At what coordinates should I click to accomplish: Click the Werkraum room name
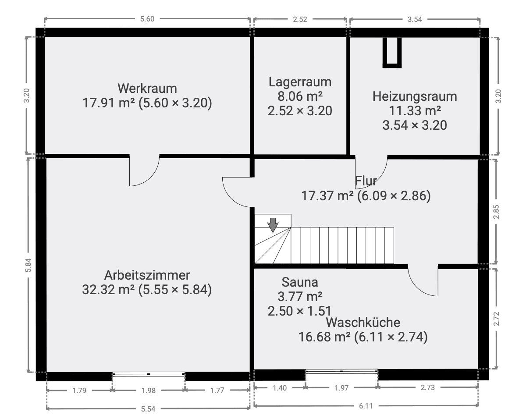click(147, 88)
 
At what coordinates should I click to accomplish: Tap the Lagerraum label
click(300, 82)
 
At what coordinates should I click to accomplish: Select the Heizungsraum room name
click(414, 96)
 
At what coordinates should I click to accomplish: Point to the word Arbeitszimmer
click(147, 275)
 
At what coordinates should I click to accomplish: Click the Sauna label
click(300, 281)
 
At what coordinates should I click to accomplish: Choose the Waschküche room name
click(363, 323)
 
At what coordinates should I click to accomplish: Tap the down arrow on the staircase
click(273, 224)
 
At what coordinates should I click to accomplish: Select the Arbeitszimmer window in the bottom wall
click(149, 374)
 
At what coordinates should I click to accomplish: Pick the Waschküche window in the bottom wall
click(341, 371)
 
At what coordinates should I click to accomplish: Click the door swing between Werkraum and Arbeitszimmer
click(144, 171)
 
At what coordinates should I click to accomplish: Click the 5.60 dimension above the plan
click(147, 19)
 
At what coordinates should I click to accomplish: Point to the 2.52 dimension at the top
click(300, 19)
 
